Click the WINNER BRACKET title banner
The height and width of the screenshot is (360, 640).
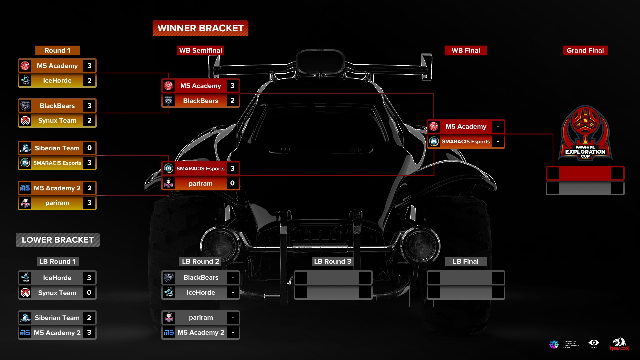200,28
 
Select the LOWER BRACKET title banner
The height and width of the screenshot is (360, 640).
58,240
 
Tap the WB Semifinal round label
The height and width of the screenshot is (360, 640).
200,51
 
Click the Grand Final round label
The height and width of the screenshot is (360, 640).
585,51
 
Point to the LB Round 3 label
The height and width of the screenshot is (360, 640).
332,262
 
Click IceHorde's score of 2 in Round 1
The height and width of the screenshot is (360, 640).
89,81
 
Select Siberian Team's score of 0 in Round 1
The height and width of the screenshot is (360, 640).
89,148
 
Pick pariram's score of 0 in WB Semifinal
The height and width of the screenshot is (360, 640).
232,183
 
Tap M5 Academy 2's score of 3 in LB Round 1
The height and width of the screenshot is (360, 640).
89,333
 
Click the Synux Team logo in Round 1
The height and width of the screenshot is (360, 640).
25,121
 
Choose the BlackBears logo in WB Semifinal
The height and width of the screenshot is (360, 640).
169,101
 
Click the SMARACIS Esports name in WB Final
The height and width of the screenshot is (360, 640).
466,142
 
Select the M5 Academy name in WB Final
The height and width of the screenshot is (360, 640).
466,127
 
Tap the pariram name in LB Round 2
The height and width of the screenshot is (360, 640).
201,318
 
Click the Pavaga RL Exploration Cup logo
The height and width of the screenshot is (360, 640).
585,133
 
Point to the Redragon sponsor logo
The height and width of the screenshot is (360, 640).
619,344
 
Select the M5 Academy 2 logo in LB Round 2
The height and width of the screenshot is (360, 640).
169,333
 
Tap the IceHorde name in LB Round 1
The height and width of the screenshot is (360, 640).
57,278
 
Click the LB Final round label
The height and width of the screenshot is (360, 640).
465,262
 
